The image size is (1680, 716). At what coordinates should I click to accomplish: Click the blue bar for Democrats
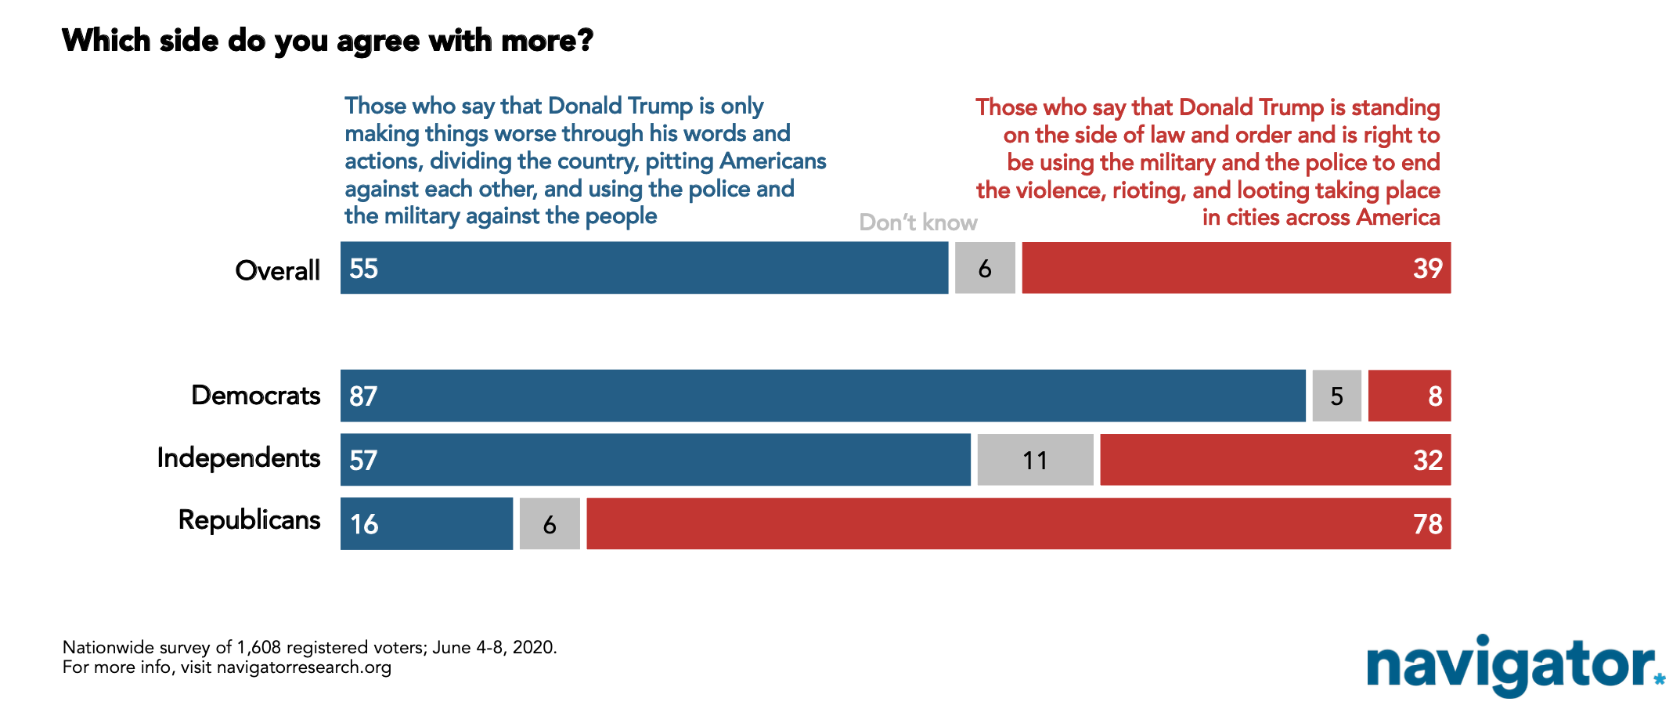(823, 396)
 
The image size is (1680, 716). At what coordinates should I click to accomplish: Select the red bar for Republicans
(1018, 523)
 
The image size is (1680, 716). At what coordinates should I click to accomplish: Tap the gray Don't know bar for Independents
(1035, 460)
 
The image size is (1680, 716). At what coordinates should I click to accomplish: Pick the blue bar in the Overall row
(644, 268)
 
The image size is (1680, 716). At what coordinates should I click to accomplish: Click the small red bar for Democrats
(1409, 396)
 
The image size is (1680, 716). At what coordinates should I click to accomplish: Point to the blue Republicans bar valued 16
(427, 523)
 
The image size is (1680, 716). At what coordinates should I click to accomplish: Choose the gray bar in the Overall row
(985, 268)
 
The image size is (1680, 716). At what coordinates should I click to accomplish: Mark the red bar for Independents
(1275, 460)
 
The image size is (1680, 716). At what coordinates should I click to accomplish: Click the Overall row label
(278, 270)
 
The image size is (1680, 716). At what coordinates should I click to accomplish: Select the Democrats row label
(256, 395)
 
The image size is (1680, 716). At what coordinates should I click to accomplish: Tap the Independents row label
(239, 457)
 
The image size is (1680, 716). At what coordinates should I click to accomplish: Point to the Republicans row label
(250, 519)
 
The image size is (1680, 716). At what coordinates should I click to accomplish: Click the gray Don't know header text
(918, 222)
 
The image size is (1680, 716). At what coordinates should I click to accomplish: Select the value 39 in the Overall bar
(1428, 268)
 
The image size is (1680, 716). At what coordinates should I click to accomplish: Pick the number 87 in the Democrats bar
(363, 396)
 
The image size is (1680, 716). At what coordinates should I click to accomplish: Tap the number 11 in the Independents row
(1035, 461)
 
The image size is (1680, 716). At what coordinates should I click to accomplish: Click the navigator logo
(1516, 665)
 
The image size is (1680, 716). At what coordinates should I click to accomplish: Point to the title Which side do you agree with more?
(328, 41)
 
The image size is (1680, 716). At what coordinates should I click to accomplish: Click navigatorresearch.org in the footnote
(304, 667)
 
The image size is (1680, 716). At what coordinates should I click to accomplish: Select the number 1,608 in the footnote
(258, 648)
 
